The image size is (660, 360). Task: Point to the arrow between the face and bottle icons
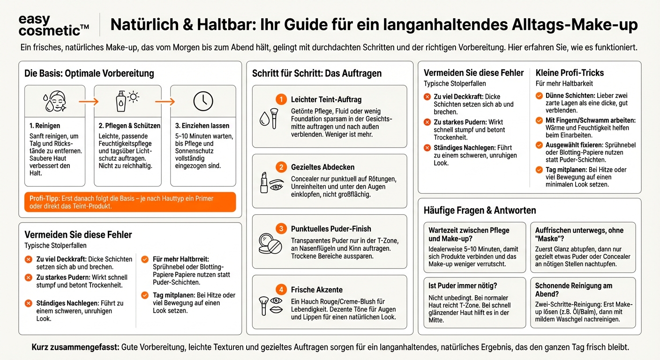point(89,101)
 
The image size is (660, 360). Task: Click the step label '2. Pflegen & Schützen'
point(129,126)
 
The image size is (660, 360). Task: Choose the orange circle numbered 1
point(281,99)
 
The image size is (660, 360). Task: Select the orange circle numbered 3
point(281,229)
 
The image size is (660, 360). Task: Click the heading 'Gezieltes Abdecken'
point(322,167)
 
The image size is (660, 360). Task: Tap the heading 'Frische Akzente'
point(316,290)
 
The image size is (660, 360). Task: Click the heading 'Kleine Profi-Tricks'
point(570,73)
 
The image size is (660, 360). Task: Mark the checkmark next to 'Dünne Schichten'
point(539,96)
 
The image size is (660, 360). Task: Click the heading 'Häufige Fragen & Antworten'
point(480,210)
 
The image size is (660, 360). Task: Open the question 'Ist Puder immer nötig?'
point(463,285)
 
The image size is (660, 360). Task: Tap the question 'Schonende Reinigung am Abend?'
point(574,290)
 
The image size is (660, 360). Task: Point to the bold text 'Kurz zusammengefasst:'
point(75,347)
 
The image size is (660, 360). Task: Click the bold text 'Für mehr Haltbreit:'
point(181,259)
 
